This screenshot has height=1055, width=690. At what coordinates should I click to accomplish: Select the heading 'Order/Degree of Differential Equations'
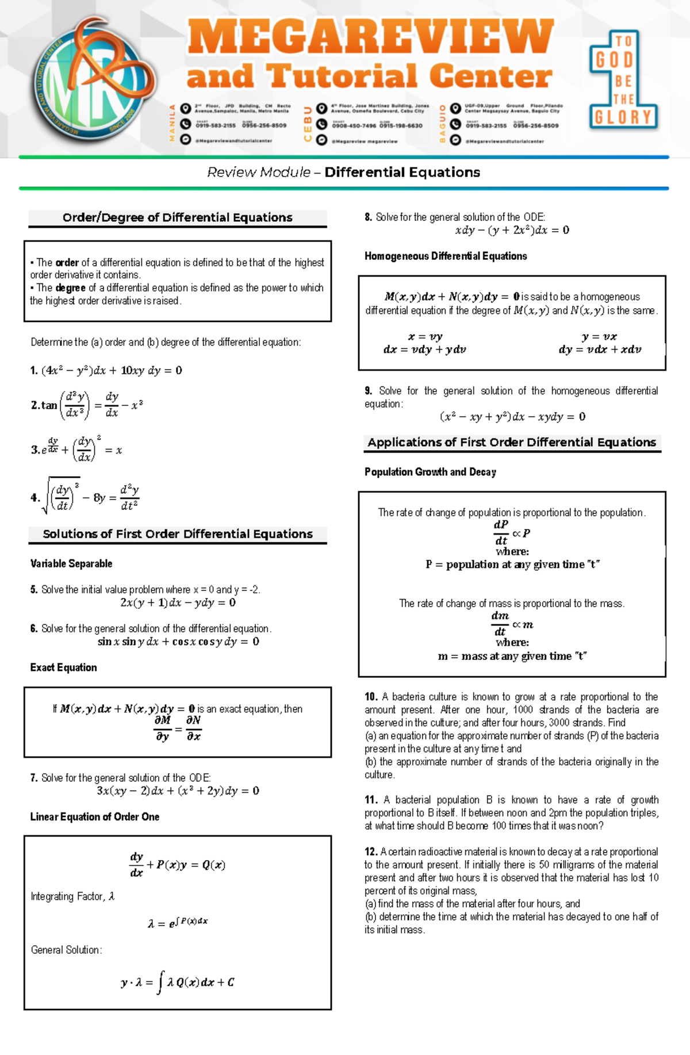[177, 217]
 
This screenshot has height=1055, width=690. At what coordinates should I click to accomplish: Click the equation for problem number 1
[111, 371]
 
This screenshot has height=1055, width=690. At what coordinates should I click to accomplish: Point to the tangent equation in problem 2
[86, 405]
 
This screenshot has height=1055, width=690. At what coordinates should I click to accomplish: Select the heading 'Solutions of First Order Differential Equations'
[177, 534]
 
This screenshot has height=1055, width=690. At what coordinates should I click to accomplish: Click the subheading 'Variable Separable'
[71, 563]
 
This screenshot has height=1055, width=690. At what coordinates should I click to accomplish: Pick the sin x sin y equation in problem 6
[178, 642]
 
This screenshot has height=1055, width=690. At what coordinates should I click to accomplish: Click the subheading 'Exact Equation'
[63, 667]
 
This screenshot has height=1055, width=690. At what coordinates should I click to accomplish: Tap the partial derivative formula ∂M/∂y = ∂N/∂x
[178, 728]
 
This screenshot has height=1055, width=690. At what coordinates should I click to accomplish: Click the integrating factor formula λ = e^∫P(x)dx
[178, 923]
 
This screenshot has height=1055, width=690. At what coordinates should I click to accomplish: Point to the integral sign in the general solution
[160, 982]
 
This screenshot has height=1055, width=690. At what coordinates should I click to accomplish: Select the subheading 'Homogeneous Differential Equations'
[446, 256]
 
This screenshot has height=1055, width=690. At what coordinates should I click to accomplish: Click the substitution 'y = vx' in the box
[599, 337]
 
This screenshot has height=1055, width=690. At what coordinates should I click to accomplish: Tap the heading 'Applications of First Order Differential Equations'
[512, 443]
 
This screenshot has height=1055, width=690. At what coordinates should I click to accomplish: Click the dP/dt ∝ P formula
[512, 533]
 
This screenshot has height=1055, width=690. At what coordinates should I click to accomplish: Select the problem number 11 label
[371, 800]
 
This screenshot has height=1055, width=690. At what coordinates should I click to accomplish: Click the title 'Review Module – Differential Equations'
[343, 172]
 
